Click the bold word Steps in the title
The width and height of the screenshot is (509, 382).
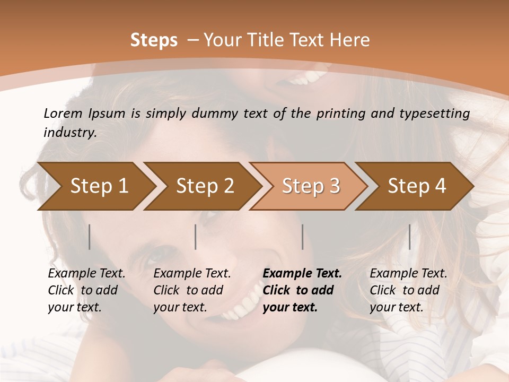[154, 40]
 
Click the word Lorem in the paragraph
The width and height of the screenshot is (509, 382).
[63, 113]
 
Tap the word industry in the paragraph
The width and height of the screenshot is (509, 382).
[69, 132]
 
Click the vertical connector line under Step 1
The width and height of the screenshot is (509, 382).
[90, 237]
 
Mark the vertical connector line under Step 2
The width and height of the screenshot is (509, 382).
[196, 237]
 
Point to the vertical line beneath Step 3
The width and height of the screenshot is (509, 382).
[303, 237]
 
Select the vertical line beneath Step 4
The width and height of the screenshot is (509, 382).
[409, 237]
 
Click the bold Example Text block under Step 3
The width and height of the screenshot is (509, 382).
[302, 290]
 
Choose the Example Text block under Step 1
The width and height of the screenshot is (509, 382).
[86, 290]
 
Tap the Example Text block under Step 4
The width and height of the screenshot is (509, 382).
[408, 290]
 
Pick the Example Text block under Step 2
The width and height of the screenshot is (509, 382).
[192, 290]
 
